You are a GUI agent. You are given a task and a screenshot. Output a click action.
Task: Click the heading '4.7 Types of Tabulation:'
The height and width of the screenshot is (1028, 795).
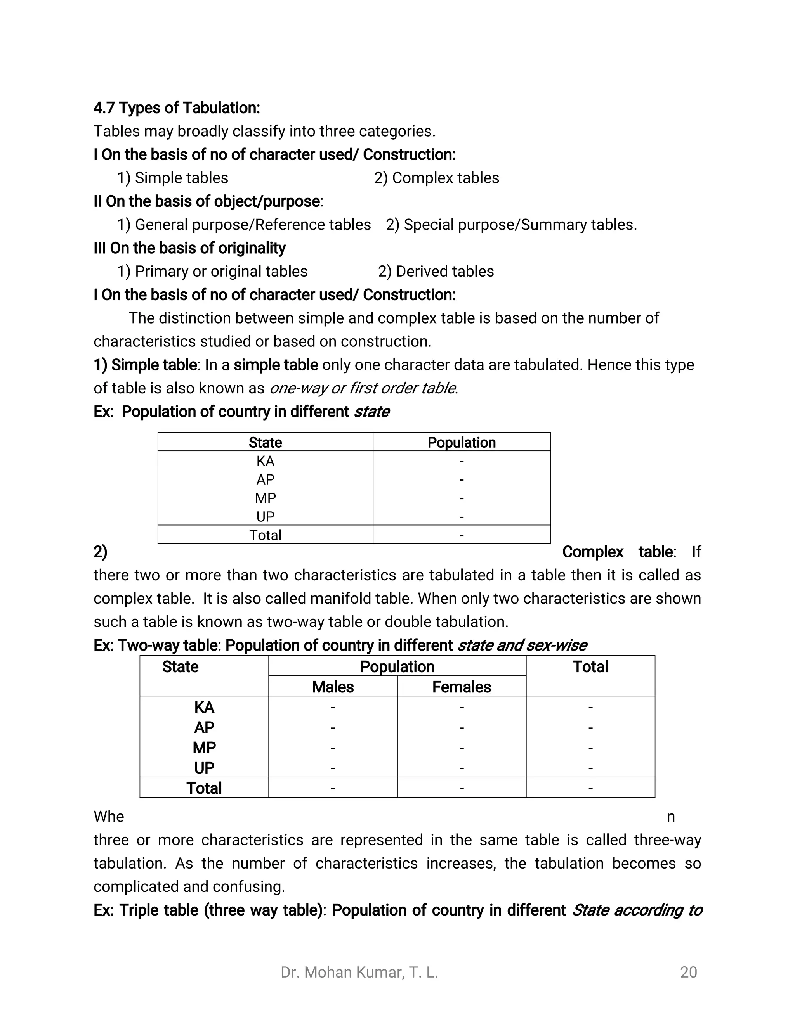point(177,108)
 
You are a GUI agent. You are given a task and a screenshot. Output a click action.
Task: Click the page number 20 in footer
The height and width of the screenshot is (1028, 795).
point(688,972)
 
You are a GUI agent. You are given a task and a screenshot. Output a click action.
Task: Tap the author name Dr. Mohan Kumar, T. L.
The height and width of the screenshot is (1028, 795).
point(359,972)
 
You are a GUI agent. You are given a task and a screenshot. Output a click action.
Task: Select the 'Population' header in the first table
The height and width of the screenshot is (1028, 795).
point(461,443)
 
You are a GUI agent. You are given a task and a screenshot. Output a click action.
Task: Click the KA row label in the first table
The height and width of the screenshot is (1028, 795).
point(265,461)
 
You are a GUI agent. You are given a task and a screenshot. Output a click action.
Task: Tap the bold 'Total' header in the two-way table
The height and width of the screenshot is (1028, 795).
point(590,666)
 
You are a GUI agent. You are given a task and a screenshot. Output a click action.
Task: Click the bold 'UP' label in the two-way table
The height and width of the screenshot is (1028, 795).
point(204,768)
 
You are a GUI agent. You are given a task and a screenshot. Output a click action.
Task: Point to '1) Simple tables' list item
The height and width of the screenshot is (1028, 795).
point(172,178)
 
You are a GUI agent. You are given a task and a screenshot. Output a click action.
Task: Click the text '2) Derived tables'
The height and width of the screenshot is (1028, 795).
point(436,271)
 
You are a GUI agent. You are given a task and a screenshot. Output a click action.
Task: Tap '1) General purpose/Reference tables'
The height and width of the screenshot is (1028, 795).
point(244,225)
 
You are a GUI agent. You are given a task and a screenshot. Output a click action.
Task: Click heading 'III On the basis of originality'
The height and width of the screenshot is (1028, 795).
point(189,248)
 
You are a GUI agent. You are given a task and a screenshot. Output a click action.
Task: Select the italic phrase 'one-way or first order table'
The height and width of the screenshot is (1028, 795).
point(363,388)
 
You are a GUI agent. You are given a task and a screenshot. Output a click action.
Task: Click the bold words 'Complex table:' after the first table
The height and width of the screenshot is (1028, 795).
point(619,552)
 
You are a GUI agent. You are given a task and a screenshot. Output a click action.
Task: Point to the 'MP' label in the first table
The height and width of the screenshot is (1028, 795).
point(265,498)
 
